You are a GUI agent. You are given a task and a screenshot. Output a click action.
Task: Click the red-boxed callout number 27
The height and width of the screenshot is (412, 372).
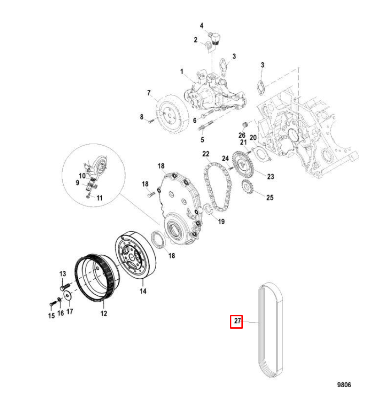click(236, 321)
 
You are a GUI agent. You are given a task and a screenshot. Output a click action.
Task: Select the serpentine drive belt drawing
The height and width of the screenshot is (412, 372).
click(271, 331)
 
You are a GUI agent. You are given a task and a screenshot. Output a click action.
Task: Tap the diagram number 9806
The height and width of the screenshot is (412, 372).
click(344, 385)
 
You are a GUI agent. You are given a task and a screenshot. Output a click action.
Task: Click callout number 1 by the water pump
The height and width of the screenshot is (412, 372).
click(181, 72)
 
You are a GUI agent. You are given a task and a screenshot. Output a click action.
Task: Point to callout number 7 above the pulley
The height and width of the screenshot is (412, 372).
click(149, 93)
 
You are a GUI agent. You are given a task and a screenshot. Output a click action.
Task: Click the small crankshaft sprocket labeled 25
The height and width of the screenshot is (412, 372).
click(248, 187)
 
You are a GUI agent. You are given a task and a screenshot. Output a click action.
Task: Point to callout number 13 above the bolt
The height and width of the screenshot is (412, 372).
click(62, 274)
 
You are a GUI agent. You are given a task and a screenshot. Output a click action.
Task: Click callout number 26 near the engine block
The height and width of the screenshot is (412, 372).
click(242, 135)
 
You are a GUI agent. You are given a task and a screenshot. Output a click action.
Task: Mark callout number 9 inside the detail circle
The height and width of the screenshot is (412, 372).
click(78, 183)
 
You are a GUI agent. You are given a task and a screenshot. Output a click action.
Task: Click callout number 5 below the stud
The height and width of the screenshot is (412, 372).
click(202, 139)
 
